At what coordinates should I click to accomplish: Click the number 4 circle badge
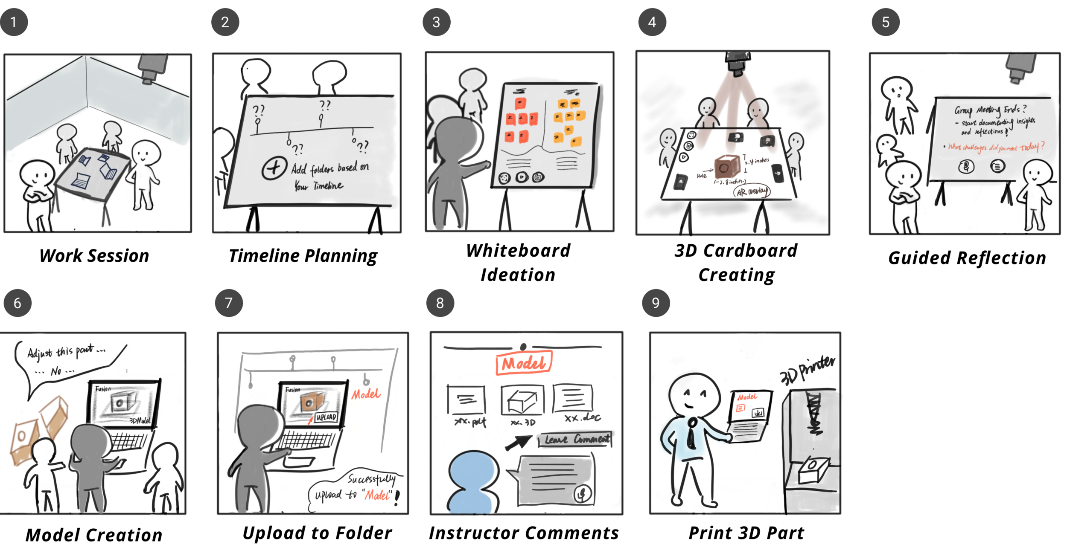point(652,22)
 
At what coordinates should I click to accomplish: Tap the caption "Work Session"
point(94,256)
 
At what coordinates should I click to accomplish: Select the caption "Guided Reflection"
point(967,258)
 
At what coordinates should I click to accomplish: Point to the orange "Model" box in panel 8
point(524,363)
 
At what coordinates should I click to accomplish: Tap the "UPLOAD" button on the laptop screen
point(326,417)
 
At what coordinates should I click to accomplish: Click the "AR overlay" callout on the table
point(752,191)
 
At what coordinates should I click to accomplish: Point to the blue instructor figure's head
point(473,469)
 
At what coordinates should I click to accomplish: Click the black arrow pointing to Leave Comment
point(518,443)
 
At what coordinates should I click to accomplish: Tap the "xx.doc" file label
point(582,418)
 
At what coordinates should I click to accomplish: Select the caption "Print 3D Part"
point(746,533)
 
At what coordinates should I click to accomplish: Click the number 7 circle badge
point(229,303)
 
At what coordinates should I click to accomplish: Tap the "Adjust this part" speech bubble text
point(66,352)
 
